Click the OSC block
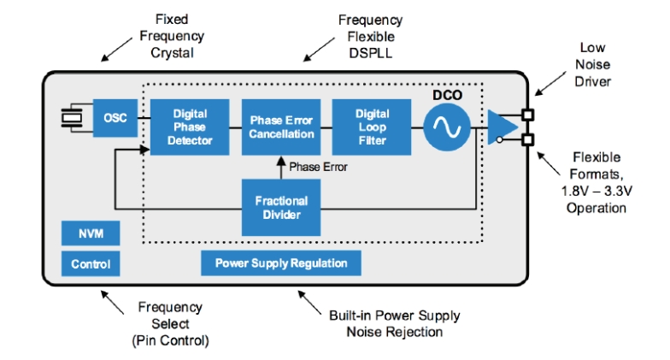tap(114, 118)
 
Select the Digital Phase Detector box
tap(190, 127)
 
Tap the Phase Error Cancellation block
tap(281, 127)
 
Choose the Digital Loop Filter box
tap(372, 127)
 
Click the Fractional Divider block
tap(281, 208)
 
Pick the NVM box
tap(90, 233)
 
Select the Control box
tap(90, 264)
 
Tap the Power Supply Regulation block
tap(280, 263)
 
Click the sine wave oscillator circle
tap(446, 127)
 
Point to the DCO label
tap(447, 95)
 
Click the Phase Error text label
tap(318, 167)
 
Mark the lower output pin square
tap(527, 139)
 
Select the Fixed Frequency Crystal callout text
tap(172, 36)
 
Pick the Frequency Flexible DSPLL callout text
tap(368, 35)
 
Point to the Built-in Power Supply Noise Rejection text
tap(394, 323)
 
